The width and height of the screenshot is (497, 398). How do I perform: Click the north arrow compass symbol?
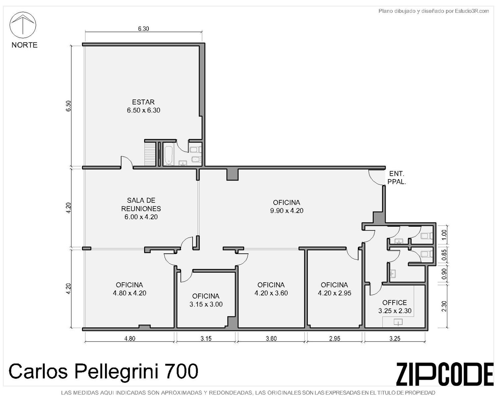[23, 25]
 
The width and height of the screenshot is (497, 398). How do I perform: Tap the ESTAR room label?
[143, 106]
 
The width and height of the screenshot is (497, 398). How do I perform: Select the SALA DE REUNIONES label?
[141, 208]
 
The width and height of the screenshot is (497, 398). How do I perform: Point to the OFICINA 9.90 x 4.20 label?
[287, 207]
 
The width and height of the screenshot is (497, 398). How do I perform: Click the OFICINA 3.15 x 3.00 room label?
[206, 300]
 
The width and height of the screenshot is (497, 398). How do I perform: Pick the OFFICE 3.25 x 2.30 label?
[395, 307]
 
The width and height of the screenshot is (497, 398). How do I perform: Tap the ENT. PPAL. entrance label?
[397, 178]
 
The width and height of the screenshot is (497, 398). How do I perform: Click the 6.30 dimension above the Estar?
[143, 29]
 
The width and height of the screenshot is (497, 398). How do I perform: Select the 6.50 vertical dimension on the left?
[68, 106]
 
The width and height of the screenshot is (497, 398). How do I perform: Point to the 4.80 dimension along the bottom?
[130, 339]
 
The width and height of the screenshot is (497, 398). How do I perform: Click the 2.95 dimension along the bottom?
[335, 339]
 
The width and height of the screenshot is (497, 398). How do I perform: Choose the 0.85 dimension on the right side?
[444, 255]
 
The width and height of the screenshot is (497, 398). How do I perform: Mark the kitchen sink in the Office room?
[398, 322]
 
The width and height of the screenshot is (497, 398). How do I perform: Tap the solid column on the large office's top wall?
[232, 174]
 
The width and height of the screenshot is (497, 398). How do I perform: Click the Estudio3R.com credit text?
[472, 11]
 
